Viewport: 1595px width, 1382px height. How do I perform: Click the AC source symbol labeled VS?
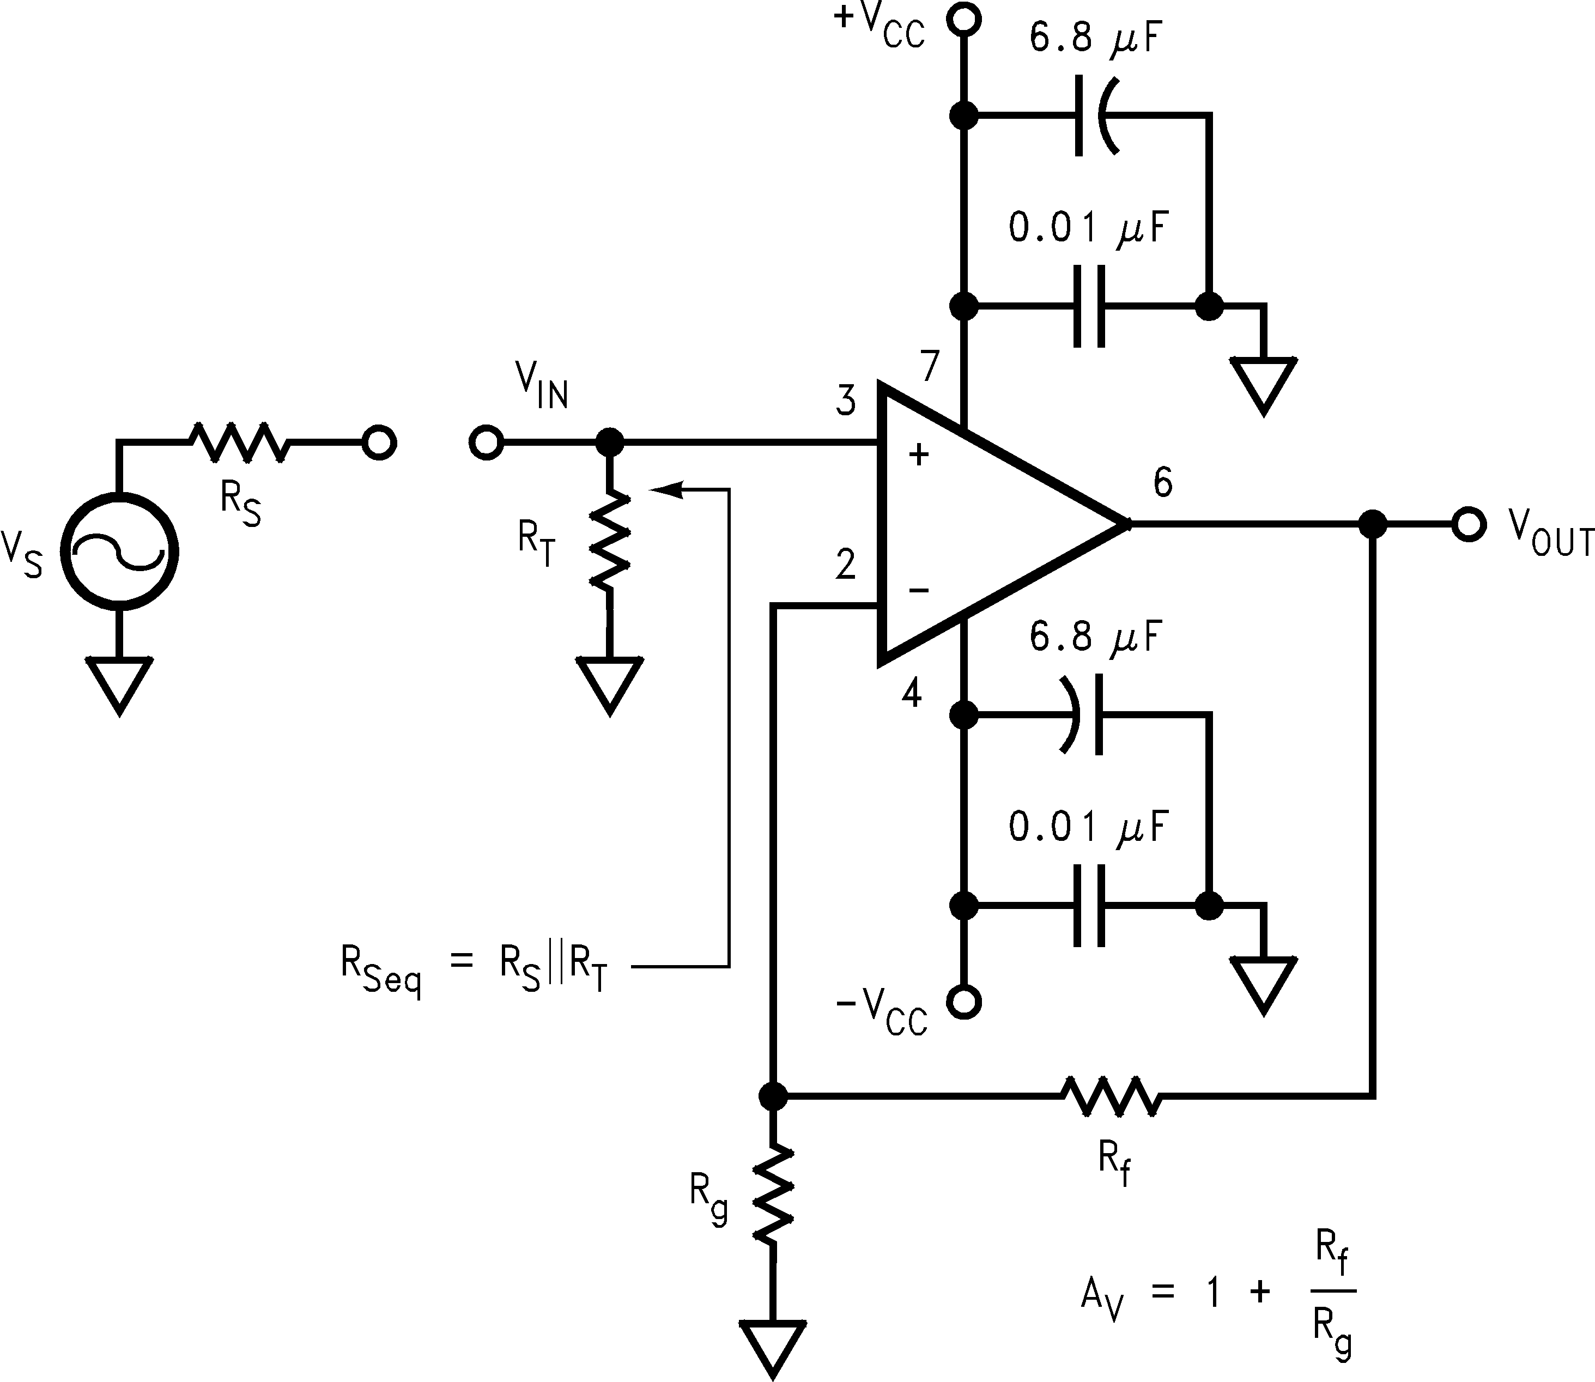[x=119, y=552]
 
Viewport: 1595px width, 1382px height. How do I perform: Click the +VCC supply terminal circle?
[x=963, y=19]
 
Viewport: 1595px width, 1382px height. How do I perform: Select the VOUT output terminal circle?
[x=1467, y=524]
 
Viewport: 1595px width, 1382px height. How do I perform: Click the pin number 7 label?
[x=930, y=366]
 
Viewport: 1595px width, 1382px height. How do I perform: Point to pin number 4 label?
[x=912, y=694]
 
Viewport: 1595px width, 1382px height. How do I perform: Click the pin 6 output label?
[x=1162, y=483]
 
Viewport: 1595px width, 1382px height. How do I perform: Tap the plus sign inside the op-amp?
[x=918, y=455]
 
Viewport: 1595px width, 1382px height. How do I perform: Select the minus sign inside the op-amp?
[x=918, y=591]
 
